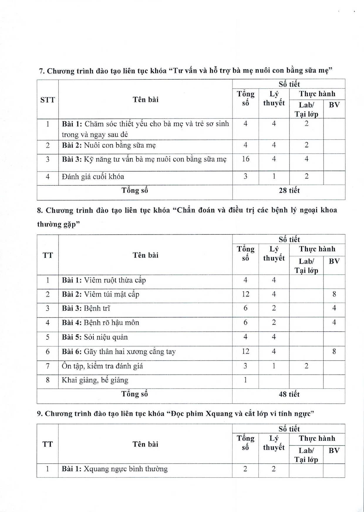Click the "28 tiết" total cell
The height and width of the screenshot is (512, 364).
(289, 191)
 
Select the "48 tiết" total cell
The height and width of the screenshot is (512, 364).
(289, 394)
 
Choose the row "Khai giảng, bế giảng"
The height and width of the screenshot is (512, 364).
(95, 380)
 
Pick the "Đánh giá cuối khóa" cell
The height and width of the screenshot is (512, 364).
(93, 177)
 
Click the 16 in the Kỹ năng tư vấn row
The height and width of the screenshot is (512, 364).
(245, 159)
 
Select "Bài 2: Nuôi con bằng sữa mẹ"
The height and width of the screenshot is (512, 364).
(109, 145)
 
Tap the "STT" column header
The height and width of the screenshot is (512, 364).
(48, 100)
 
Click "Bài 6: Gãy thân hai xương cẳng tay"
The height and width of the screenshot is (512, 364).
(119, 351)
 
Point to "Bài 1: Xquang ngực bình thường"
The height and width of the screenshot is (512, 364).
(114, 469)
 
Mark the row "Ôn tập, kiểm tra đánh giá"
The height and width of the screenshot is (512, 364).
(102, 366)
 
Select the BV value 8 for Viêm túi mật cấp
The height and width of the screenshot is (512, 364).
(334, 294)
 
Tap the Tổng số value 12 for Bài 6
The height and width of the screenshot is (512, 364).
(245, 351)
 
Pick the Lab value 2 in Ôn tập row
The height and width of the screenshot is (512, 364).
(306, 366)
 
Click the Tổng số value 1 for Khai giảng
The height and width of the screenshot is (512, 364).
(245, 380)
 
